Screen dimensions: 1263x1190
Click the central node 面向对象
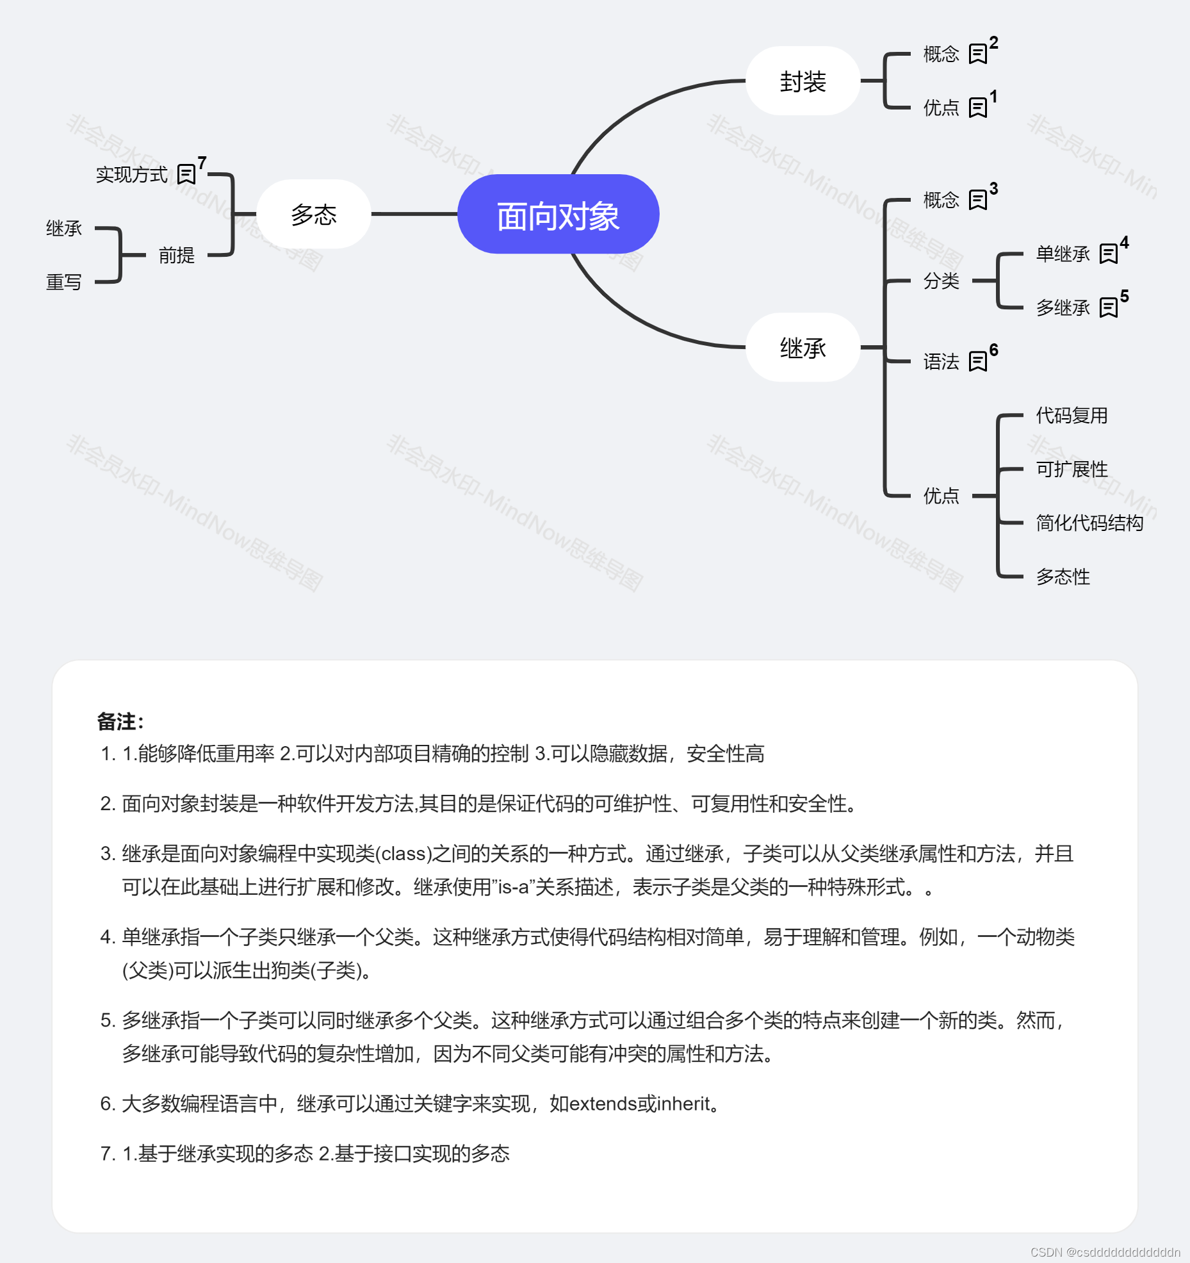point(558,215)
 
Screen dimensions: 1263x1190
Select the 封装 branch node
point(803,81)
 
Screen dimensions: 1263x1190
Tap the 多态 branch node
point(313,215)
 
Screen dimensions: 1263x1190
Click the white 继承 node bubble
point(803,348)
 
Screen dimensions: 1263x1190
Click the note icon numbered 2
point(977,54)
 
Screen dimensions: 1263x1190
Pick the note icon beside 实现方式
point(186,174)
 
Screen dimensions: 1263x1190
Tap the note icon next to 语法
point(977,362)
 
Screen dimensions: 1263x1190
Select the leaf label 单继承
point(1063,254)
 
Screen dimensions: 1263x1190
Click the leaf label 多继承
point(1063,308)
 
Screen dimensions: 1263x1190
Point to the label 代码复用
point(1072,416)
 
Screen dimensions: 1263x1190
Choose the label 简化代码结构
point(1089,523)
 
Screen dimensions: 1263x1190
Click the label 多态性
point(1063,577)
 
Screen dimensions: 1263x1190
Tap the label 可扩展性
point(1072,469)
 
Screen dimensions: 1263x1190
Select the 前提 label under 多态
point(176,256)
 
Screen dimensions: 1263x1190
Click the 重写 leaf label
point(64,282)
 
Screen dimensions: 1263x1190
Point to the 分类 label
point(941,281)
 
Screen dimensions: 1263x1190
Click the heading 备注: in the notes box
point(120,722)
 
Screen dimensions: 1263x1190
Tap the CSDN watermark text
point(1105,1252)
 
